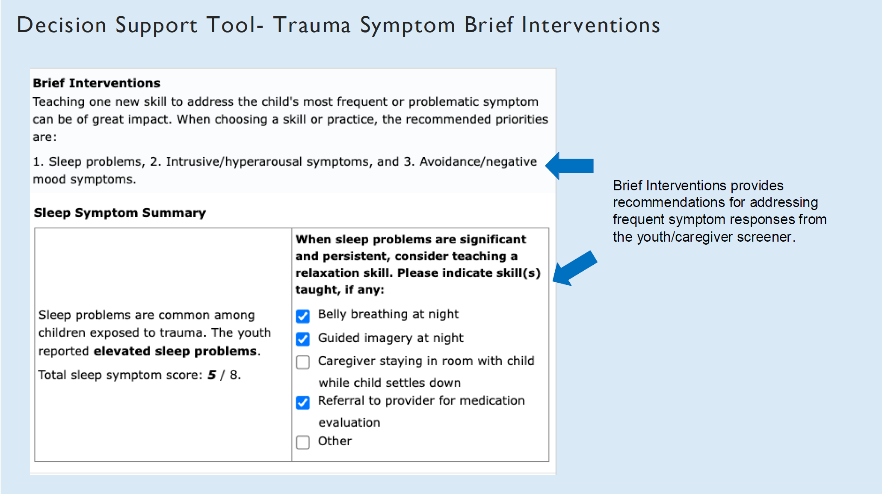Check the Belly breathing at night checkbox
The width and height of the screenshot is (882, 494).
click(303, 316)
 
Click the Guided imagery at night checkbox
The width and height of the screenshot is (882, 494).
click(303, 339)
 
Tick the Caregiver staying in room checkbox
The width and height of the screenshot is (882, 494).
click(303, 362)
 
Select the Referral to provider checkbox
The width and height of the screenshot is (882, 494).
click(303, 402)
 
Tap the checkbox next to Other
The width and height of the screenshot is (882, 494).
click(303, 442)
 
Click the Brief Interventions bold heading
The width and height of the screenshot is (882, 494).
click(97, 83)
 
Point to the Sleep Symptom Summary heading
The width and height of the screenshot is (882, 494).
click(120, 213)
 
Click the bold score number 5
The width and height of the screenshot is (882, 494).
click(212, 375)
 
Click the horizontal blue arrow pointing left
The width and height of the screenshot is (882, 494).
click(570, 166)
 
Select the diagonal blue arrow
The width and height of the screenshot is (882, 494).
click(574, 268)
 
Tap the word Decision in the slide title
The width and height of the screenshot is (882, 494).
click(61, 25)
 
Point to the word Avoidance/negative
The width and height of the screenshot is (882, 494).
click(478, 162)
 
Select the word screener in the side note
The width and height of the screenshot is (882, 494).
click(764, 237)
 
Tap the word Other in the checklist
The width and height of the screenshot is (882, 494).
click(334, 441)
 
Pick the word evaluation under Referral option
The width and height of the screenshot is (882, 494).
click(349, 423)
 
